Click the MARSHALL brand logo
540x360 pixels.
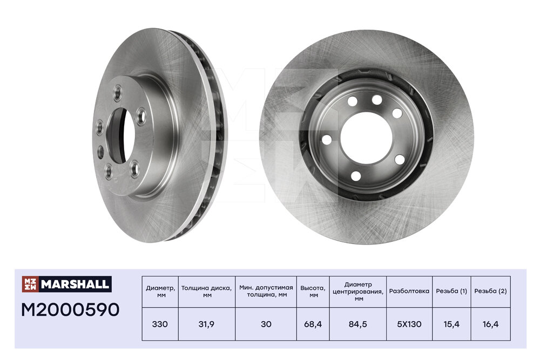point(66,284)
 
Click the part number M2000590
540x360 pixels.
point(70,310)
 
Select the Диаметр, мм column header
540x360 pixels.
point(160,291)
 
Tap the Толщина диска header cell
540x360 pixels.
point(207,291)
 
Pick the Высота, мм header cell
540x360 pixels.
point(313,291)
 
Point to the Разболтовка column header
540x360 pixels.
point(409,291)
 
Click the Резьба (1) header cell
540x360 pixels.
point(451,291)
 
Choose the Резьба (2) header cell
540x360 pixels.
point(490,291)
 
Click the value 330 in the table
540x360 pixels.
point(160,324)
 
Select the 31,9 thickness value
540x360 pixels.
point(207,324)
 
